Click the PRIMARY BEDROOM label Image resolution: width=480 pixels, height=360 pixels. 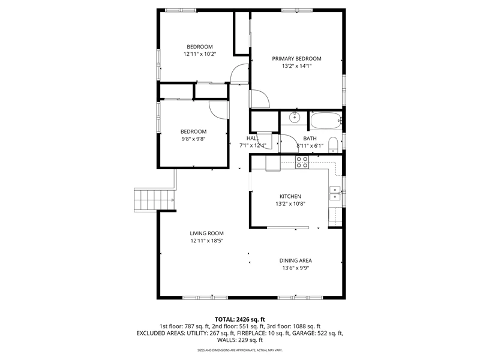pos(296,58)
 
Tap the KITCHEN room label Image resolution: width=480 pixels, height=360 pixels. pos(290,196)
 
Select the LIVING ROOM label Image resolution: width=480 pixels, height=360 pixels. pos(206,233)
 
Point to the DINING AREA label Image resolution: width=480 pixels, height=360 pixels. pos(295,260)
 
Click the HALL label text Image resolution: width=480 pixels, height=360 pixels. pos(253,139)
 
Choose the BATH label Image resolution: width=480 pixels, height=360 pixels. pos(310,139)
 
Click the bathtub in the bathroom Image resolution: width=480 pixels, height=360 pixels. pos(326,121)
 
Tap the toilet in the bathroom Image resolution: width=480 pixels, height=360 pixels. pos(333,145)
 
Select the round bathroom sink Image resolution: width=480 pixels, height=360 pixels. pos(295,117)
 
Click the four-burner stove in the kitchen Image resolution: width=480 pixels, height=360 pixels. pos(302,162)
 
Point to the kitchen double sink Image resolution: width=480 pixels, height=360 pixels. pos(335,193)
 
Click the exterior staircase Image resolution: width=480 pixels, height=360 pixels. pos(155,200)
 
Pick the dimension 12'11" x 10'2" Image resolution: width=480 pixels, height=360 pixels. pos(200,54)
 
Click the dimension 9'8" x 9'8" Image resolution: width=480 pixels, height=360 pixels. pos(193,139)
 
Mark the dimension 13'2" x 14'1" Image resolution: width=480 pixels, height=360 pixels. pos(296,66)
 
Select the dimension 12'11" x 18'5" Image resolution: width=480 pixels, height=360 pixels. pos(206,241)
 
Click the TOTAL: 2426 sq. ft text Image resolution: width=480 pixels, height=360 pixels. pos(240,320)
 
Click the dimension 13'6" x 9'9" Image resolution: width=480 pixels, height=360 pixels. pos(295,268)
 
